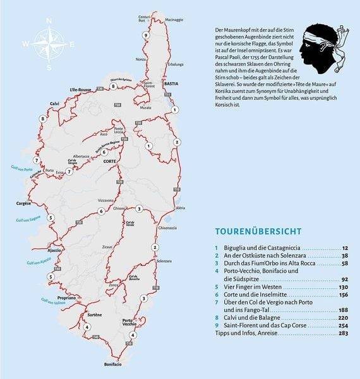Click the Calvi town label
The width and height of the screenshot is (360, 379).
(x=54, y=104)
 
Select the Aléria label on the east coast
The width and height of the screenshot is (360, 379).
(x=180, y=207)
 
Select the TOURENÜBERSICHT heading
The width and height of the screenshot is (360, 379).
(x=257, y=232)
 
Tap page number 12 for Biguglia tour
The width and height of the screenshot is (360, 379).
(x=345, y=248)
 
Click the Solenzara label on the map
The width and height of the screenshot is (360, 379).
(x=164, y=261)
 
